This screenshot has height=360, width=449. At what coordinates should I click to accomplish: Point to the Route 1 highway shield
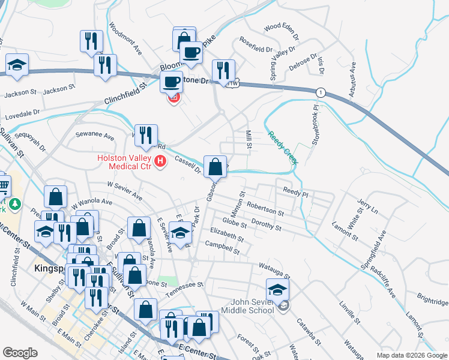322,92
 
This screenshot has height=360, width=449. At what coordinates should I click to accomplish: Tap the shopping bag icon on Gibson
215,167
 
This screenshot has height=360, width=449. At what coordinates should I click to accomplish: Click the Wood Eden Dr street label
281,27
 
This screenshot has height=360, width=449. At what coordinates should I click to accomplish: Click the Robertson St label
265,208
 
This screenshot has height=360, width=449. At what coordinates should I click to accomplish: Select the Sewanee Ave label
94,136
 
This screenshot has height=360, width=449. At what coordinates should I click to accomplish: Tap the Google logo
20,353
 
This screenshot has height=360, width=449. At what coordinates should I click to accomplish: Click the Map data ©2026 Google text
412,355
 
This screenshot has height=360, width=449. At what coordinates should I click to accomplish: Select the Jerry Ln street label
367,208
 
